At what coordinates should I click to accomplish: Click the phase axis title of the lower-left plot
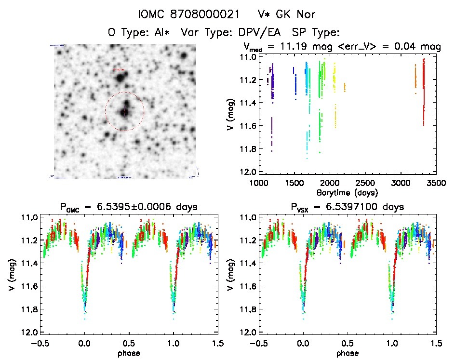pyautogui.click(x=128, y=353)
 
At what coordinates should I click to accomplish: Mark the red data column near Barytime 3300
pyautogui.click(x=424, y=92)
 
